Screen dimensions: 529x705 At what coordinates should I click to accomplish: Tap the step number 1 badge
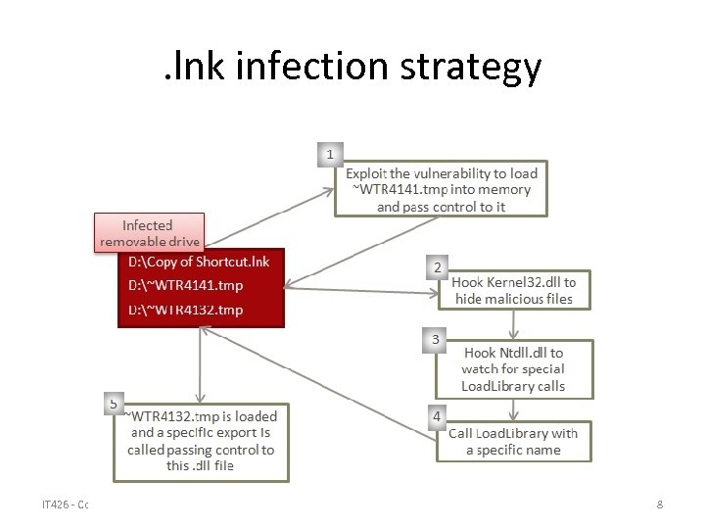coord(330,154)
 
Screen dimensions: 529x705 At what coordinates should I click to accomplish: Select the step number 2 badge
coord(437,266)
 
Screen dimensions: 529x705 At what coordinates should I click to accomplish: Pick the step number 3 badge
coord(437,340)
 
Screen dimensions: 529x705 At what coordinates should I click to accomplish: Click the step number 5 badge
coord(115,403)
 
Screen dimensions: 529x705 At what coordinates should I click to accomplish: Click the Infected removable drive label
coord(148,233)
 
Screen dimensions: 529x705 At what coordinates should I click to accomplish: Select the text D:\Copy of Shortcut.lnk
coord(199,262)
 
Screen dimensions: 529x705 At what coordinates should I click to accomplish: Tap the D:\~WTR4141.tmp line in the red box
coord(186,285)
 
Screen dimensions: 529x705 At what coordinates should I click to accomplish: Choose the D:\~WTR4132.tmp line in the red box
coord(186,310)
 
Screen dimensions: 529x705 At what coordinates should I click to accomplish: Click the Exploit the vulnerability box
coord(441,189)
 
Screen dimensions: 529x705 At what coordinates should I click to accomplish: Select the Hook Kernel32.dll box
coord(514,290)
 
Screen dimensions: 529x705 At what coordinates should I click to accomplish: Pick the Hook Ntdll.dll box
coord(514,368)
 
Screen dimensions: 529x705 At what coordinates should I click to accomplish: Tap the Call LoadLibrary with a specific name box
coord(514,441)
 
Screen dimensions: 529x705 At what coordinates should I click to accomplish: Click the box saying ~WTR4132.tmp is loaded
coord(201,441)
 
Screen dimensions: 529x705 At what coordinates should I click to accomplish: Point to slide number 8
coord(660,505)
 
